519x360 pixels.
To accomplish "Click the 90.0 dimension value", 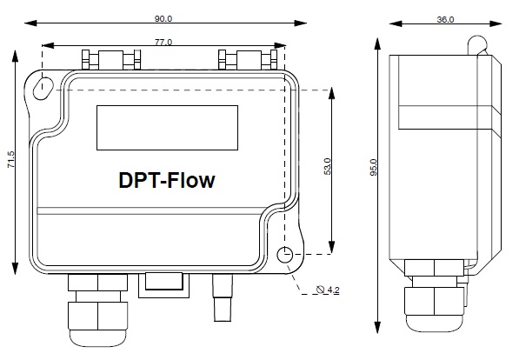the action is pos(163,18).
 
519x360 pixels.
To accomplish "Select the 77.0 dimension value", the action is pos(163,43).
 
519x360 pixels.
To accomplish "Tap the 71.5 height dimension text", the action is pos(11,159).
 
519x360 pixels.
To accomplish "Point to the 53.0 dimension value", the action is pos(327,166).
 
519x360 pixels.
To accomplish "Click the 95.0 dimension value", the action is pos(373,167).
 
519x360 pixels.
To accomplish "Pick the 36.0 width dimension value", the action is pos(445,19).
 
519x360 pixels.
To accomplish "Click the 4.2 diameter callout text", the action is pos(333,290).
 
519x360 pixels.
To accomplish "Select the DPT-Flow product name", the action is pos(167,181).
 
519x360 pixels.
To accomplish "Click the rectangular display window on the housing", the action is pos(167,128).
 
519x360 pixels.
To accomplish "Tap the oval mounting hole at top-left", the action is pos(43,88).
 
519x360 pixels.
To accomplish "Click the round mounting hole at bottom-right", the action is pos(284,255).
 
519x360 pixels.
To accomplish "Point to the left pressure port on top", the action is pos(111,60).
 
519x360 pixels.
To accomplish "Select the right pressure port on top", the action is pos(248,60).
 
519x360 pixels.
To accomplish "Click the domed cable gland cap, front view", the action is pos(97,337).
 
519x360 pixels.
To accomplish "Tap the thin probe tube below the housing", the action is pos(223,297).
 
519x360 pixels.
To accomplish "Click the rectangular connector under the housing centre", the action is pos(163,285).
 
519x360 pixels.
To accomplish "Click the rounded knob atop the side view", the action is pos(477,44).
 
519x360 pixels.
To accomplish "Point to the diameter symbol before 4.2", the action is pos(320,290).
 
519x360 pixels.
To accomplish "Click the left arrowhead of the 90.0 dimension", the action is pos(30,23).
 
